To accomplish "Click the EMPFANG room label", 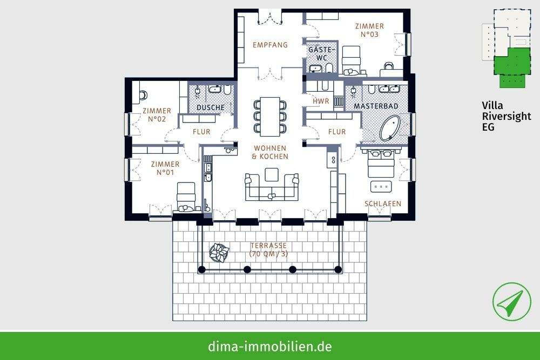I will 270,45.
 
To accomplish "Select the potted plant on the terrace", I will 219,252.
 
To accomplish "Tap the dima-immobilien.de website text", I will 270,346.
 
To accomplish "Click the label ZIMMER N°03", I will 370,30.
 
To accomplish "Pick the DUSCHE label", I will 210,108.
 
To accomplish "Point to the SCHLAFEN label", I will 382,203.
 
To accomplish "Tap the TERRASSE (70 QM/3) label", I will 268,249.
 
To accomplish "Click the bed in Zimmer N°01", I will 186,195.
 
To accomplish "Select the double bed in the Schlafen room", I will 382,162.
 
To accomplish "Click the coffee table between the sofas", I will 272,174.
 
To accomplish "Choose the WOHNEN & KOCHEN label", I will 270,152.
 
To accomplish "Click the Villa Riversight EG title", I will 506,116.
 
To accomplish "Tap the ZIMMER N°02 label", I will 157,114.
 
